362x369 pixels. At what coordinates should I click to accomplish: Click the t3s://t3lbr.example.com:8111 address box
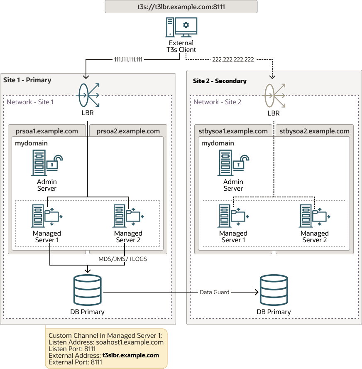click(x=181, y=7)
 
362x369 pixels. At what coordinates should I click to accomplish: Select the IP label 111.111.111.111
click(x=128, y=59)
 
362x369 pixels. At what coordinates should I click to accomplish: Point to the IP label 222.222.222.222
click(x=233, y=59)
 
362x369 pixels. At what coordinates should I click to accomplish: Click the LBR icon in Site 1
click(x=88, y=95)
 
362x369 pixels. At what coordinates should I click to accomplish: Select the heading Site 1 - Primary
click(x=27, y=80)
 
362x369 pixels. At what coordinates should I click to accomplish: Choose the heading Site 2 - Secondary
click(x=220, y=81)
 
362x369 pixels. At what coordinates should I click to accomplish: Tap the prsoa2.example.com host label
click(x=128, y=131)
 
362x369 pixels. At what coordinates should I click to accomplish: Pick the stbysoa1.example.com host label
click(x=233, y=131)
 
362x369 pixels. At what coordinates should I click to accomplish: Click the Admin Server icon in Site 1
click(x=46, y=163)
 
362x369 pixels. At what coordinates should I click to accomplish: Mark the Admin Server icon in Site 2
click(x=233, y=163)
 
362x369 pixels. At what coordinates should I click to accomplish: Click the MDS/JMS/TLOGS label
click(x=122, y=259)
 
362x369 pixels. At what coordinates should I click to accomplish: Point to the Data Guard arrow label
click(x=214, y=292)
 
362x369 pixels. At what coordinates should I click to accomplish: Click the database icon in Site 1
click(x=87, y=290)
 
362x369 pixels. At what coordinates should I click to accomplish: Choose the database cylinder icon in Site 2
click(x=274, y=290)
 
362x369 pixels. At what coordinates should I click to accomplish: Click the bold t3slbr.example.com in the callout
click(x=131, y=355)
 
